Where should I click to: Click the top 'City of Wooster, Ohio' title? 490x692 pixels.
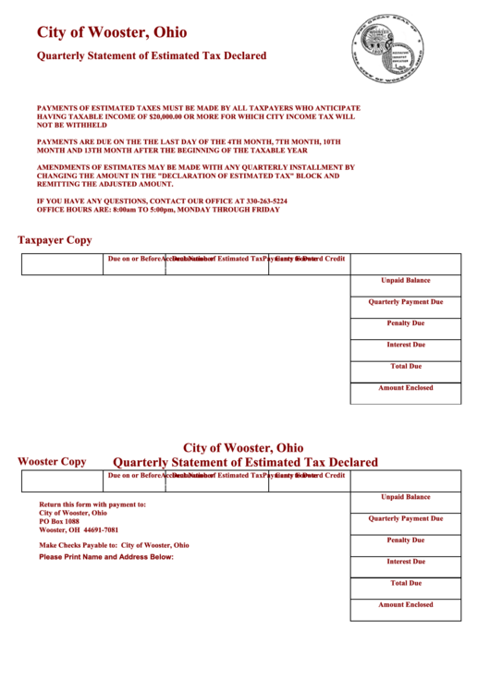click(112, 32)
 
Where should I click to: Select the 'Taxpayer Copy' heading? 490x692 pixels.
click(55, 240)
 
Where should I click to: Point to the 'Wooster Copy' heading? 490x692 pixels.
click(52, 461)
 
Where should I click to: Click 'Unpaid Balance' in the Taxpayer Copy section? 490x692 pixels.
click(405, 280)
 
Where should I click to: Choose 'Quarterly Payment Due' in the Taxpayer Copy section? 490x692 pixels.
click(405, 302)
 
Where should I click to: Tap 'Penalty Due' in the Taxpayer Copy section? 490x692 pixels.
click(405, 323)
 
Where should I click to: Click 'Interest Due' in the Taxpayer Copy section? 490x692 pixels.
click(405, 345)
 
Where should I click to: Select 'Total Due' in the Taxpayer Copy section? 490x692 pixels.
click(405, 366)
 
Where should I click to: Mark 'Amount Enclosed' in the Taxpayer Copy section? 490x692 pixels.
click(405, 388)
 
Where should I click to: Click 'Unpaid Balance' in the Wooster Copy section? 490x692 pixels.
click(405, 497)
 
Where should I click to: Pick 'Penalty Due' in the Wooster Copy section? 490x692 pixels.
click(405, 540)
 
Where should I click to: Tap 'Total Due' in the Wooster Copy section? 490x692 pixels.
click(405, 583)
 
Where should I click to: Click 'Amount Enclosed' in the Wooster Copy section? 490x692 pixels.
click(405, 605)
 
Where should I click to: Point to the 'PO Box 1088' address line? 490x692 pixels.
click(59, 521)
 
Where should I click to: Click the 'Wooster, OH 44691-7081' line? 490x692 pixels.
click(79, 530)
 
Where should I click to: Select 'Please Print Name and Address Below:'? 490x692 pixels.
click(106, 557)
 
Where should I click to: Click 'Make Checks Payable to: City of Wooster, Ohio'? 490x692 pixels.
click(114, 545)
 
